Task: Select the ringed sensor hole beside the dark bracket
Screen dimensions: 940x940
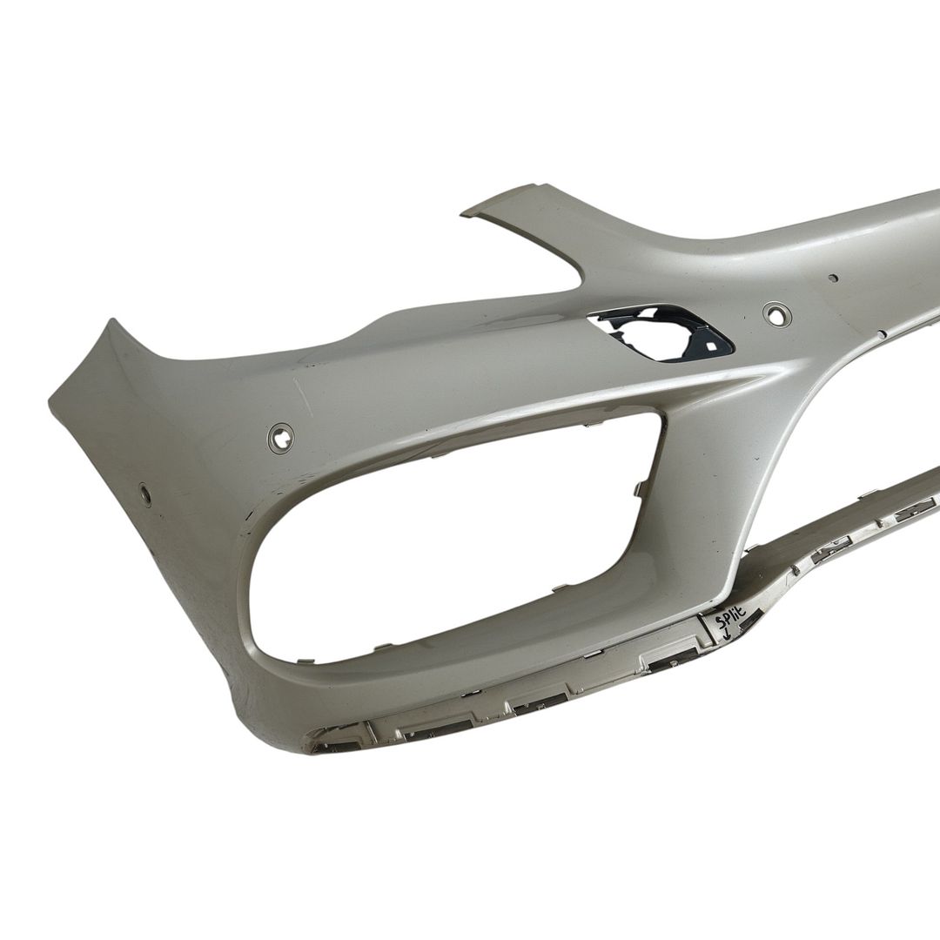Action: (775, 314)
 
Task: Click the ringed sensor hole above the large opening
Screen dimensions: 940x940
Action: (281, 436)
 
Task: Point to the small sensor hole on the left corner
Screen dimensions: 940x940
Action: (145, 493)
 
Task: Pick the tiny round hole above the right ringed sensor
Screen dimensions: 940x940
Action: (832, 278)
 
